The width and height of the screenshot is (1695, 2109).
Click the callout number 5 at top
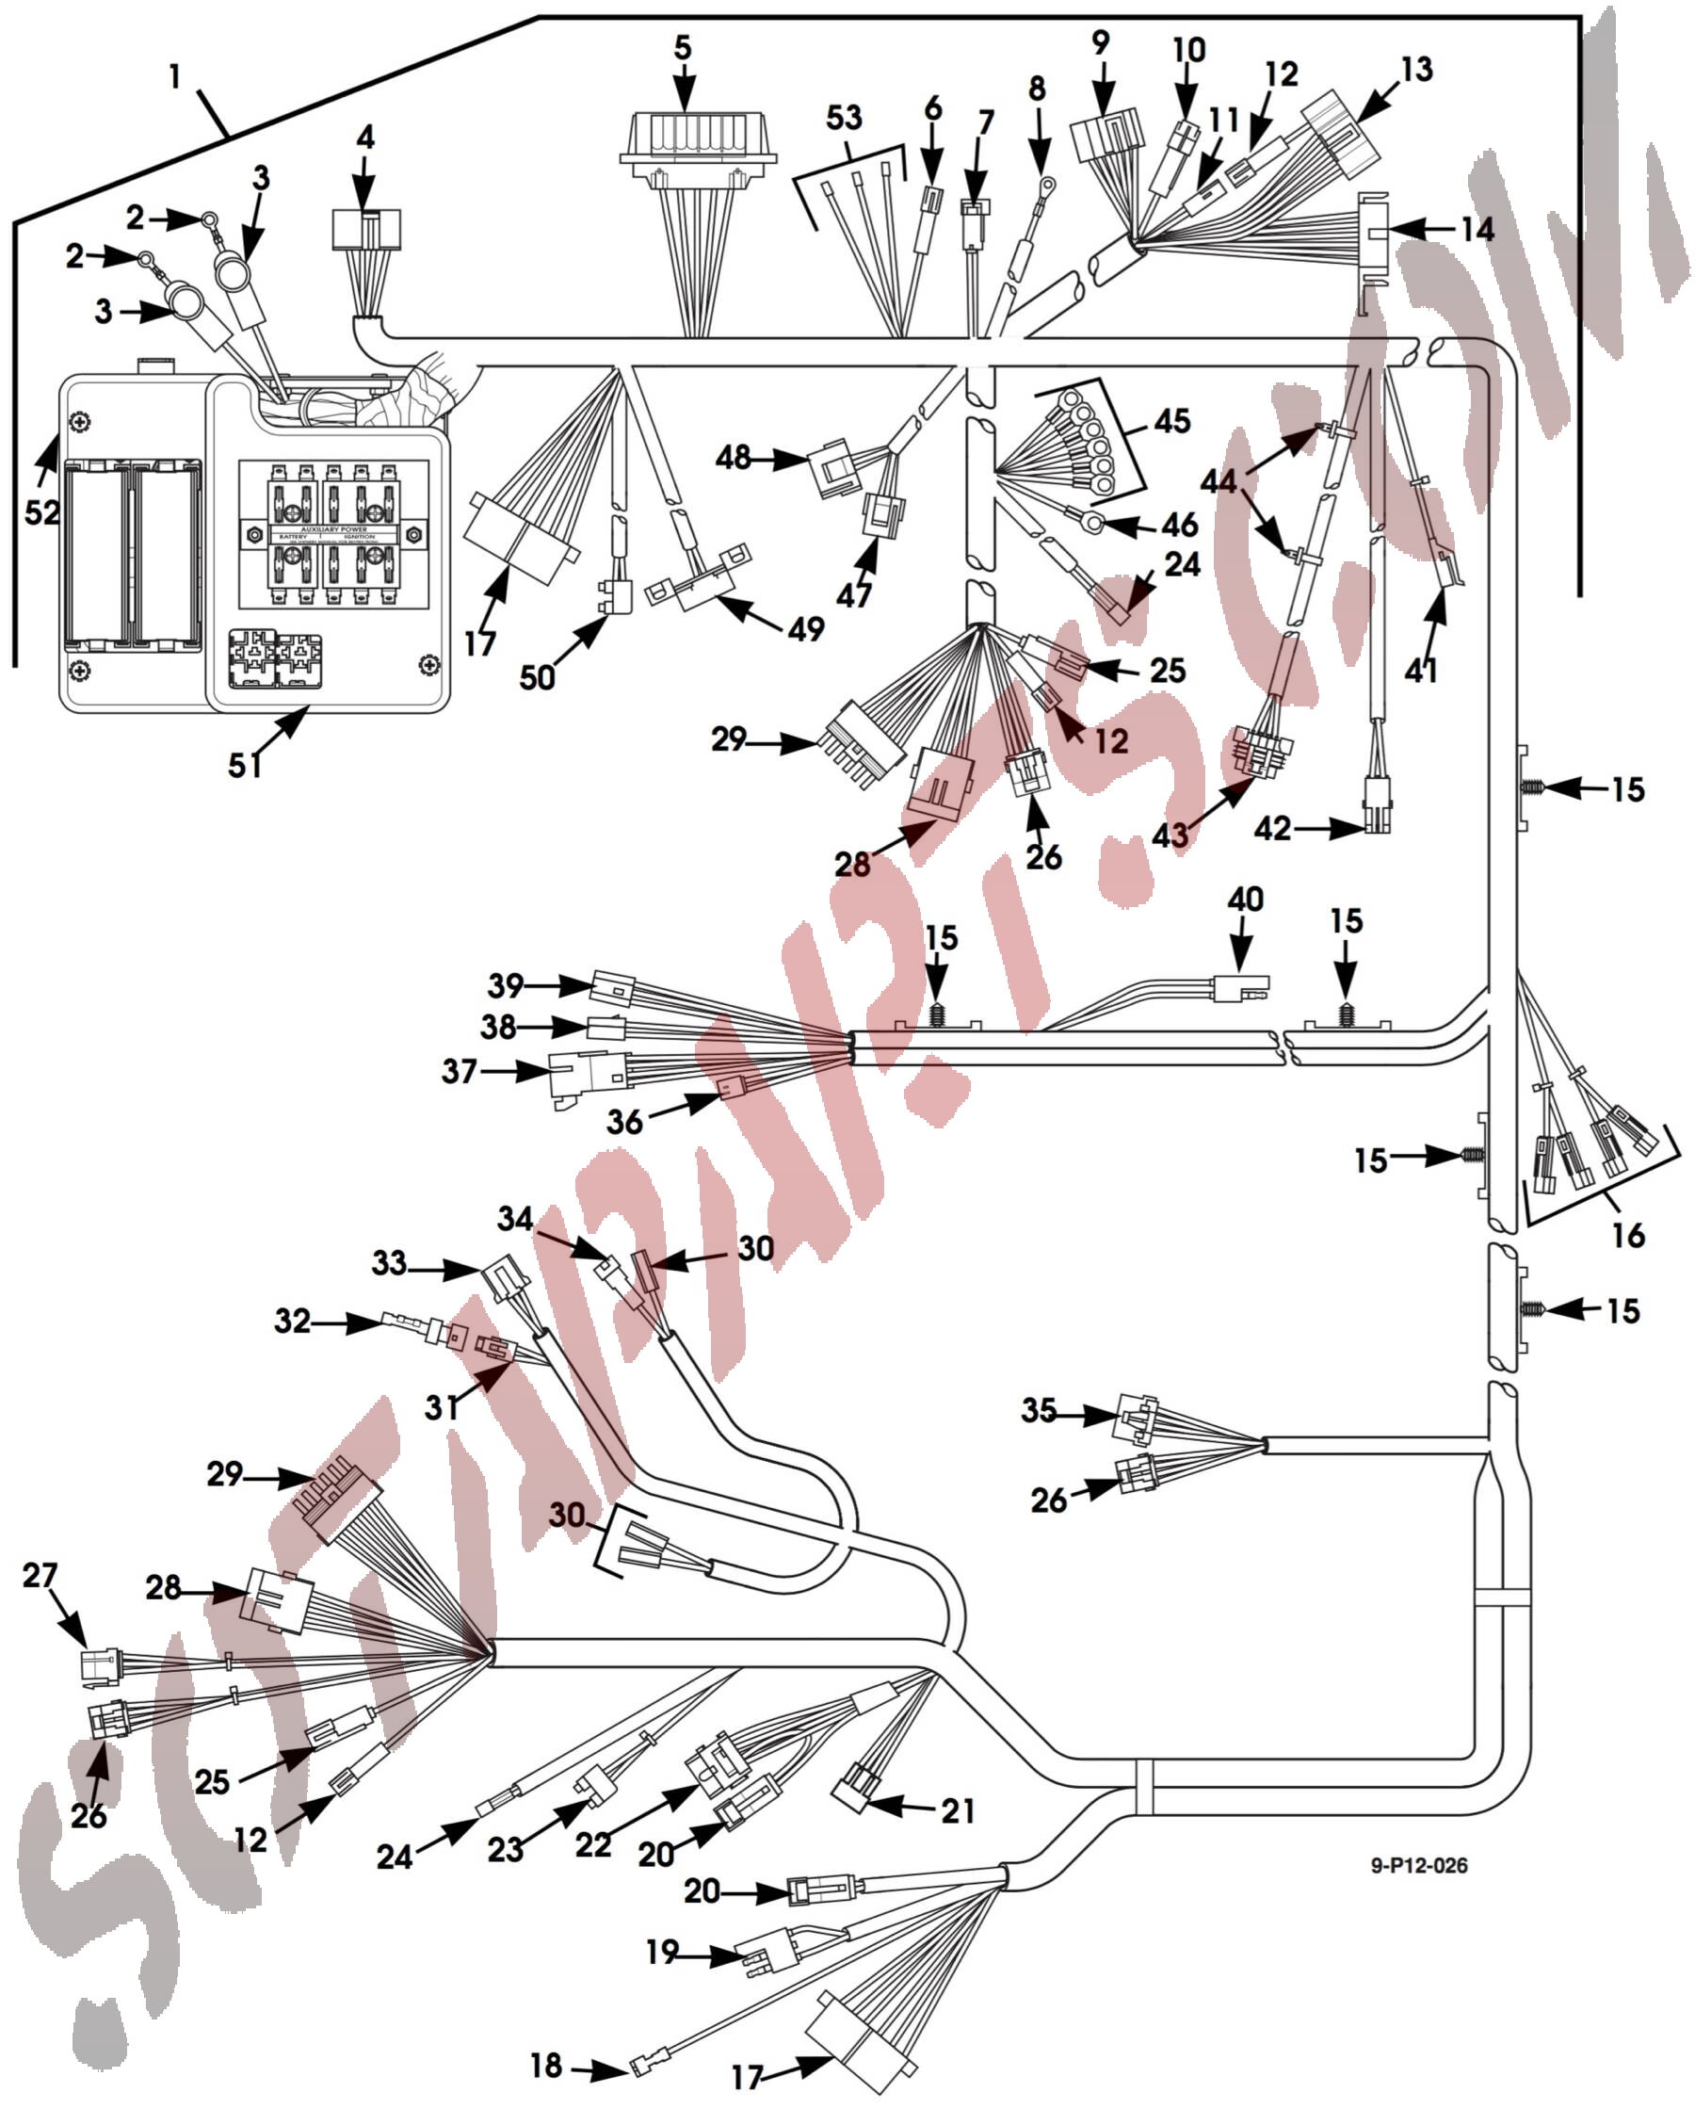tap(683, 48)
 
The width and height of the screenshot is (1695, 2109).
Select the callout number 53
tap(844, 119)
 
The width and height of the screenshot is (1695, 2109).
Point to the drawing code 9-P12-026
tap(1418, 1865)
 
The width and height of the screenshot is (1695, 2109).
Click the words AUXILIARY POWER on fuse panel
tap(334, 528)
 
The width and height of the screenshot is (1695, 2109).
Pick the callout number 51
tap(245, 765)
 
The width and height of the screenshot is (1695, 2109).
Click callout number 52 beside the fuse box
tap(42, 511)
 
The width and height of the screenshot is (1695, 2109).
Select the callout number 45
tap(1172, 422)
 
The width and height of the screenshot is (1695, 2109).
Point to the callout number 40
tap(1245, 899)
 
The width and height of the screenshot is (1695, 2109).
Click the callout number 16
tap(1628, 1235)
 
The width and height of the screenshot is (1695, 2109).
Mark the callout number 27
tap(40, 1575)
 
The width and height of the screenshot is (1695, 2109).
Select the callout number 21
tap(959, 1810)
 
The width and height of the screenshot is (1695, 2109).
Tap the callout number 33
tap(389, 1263)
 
